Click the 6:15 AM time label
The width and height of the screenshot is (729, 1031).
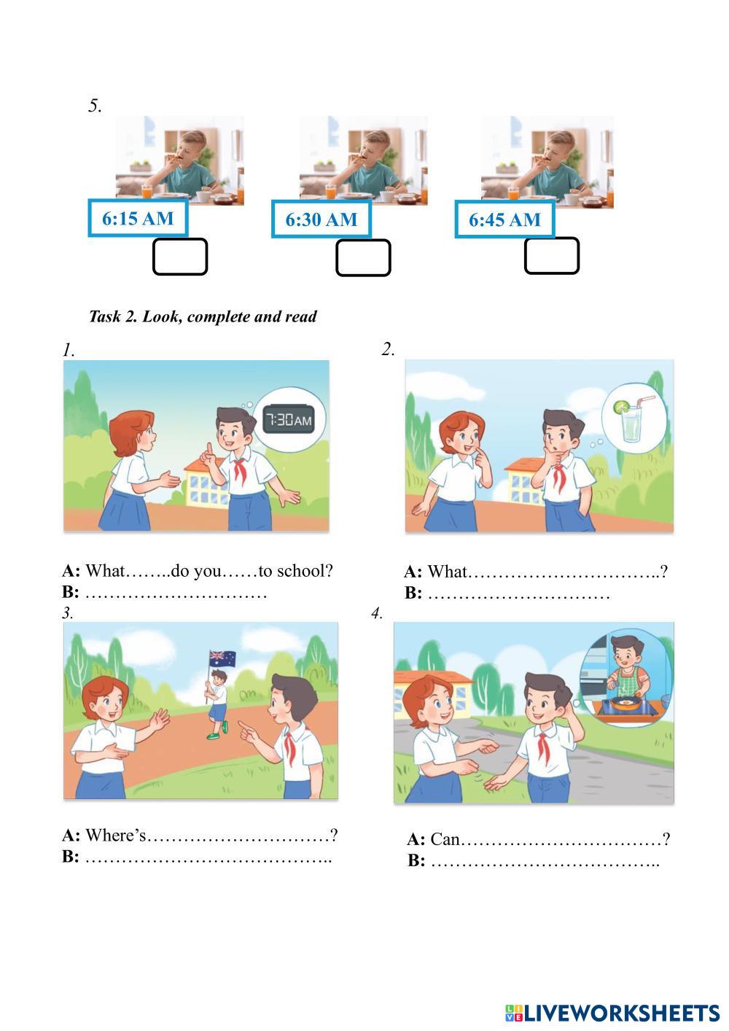(x=138, y=218)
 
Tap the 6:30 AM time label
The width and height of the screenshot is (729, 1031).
(x=321, y=219)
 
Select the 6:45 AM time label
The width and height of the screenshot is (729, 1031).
(x=504, y=219)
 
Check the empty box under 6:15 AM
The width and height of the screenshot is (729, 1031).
(x=180, y=257)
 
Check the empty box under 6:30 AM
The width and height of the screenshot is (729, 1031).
(x=363, y=258)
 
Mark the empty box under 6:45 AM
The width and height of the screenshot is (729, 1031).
(x=552, y=255)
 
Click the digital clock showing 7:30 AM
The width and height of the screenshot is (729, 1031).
(x=289, y=419)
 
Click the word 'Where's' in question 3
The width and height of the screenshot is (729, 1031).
(x=115, y=834)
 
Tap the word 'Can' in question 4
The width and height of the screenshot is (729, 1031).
(x=445, y=839)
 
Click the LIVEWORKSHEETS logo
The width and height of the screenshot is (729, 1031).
(x=612, y=1013)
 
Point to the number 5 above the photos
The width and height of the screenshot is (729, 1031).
(x=95, y=106)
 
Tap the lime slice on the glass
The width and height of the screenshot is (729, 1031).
(x=621, y=406)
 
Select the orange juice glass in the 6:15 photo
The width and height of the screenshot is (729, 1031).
(x=147, y=191)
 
